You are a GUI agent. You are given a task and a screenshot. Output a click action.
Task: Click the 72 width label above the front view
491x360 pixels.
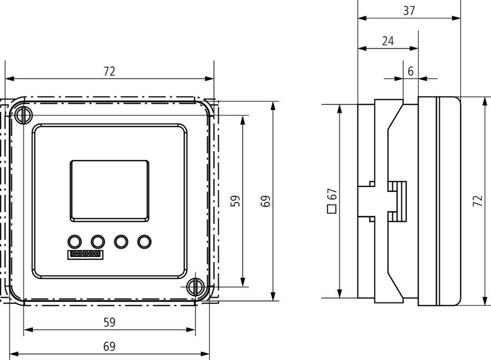[109, 71]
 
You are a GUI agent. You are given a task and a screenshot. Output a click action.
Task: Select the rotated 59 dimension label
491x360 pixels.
[236, 201]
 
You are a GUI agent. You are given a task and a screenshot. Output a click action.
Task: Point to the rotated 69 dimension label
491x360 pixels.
[266, 201]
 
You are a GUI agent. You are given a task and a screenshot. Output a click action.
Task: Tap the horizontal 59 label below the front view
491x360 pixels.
[109, 322]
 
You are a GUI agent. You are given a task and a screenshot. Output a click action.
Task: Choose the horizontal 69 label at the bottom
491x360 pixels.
[109, 346]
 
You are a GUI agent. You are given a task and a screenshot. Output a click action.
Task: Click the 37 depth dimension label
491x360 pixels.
[409, 11]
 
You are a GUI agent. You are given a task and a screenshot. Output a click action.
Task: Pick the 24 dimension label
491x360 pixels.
[388, 41]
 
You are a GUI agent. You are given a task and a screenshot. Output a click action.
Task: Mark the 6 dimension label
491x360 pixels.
[410, 71]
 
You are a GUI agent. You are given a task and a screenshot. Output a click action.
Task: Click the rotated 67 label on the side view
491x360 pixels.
[332, 194]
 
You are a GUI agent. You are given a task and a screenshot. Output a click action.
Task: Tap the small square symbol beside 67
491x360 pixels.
[332, 208]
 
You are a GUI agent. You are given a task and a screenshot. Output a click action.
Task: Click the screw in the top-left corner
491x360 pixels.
[23, 115]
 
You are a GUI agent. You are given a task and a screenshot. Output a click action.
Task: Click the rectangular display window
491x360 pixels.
[109, 190]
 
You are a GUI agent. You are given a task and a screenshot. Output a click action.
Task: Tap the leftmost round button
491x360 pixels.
[74, 241]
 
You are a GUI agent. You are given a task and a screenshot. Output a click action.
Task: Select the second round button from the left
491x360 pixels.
[98, 241]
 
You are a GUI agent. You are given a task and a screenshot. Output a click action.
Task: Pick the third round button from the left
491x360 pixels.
[121, 241]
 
